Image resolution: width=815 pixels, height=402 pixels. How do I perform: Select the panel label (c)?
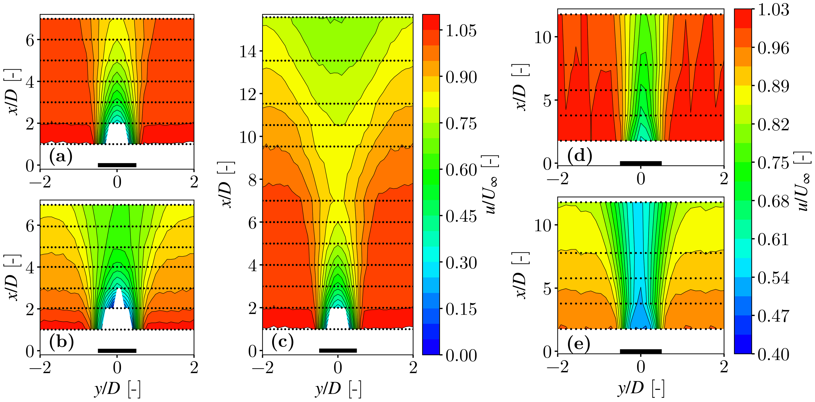[282, 342]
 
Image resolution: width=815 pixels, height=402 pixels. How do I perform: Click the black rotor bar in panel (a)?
[117, 165]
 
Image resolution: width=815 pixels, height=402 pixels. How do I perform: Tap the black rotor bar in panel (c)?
[338, 350]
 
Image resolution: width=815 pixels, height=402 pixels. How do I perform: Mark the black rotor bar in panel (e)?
[641, 351]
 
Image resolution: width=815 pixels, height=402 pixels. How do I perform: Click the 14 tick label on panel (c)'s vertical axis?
[248, 52]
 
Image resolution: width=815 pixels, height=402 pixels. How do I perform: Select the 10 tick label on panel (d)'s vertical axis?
[543, 38]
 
